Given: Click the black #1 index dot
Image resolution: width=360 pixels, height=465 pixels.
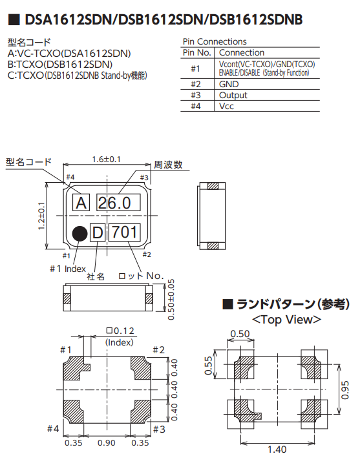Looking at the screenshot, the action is click(80, 234).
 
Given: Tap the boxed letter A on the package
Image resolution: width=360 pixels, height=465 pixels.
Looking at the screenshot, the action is click(81, 203).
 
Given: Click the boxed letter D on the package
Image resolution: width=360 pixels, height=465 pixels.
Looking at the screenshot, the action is click(98, 232).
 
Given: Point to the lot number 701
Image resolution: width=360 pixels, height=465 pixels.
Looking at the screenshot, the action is click(124, 232).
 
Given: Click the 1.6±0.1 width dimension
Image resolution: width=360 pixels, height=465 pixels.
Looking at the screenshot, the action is click(106, 160).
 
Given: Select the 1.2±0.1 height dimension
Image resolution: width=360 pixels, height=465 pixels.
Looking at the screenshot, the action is click(41, 216).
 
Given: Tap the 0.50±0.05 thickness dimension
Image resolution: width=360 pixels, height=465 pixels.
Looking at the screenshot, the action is click(171, 300).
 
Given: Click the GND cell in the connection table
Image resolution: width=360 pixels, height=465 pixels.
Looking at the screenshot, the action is click(229, 84).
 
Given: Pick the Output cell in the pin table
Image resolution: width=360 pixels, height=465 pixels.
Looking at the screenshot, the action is click(233, 95).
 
